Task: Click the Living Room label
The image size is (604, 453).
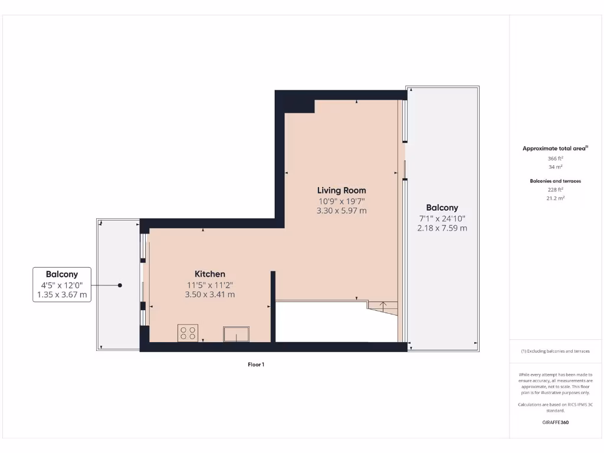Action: [x=342, y=191]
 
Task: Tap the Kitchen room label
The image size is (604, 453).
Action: [x=210, y=274]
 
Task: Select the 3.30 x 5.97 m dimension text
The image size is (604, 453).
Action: [x=342, y=211]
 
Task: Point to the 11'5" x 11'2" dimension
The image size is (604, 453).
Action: [x=210, y=284]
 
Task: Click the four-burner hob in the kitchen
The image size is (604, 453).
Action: [x=188, y=333]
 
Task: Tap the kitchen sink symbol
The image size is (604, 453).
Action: [x=236, y=334]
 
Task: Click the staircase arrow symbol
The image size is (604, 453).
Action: [x=382, y=306]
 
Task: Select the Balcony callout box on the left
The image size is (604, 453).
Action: [x=62, y=284]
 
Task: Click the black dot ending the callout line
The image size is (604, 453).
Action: [x=120, y=285]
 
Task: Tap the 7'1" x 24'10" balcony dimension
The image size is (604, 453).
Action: [x=442, y=218]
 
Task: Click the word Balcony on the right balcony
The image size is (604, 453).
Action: [x=442, y=208]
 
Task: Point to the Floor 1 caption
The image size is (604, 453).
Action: [x=256, y=365]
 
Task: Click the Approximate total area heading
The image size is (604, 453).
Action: [x=555, y=149]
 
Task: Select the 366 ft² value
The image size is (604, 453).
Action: [x=555, y=158]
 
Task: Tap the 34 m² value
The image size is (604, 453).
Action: [x=555, y=167]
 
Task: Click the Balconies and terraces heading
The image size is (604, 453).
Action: [x=555, y=181]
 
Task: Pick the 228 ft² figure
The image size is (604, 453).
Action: [x=555, y=190]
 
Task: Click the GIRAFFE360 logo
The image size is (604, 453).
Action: [x=555, y=422]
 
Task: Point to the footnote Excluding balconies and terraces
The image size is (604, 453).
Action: [x=555, y=351]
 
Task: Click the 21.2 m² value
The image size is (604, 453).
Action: [x=555, y=199]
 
